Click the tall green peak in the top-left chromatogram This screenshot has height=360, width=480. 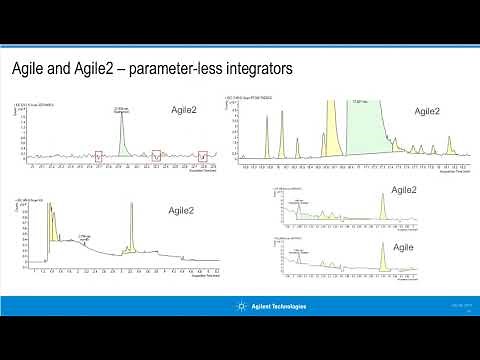click(x=123, y=140)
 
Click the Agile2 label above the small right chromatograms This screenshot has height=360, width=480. click(x=404, y=190)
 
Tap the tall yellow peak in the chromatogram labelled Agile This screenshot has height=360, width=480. click(x=382, y=262)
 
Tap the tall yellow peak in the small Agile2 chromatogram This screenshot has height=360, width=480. click(x=382, y=208)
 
